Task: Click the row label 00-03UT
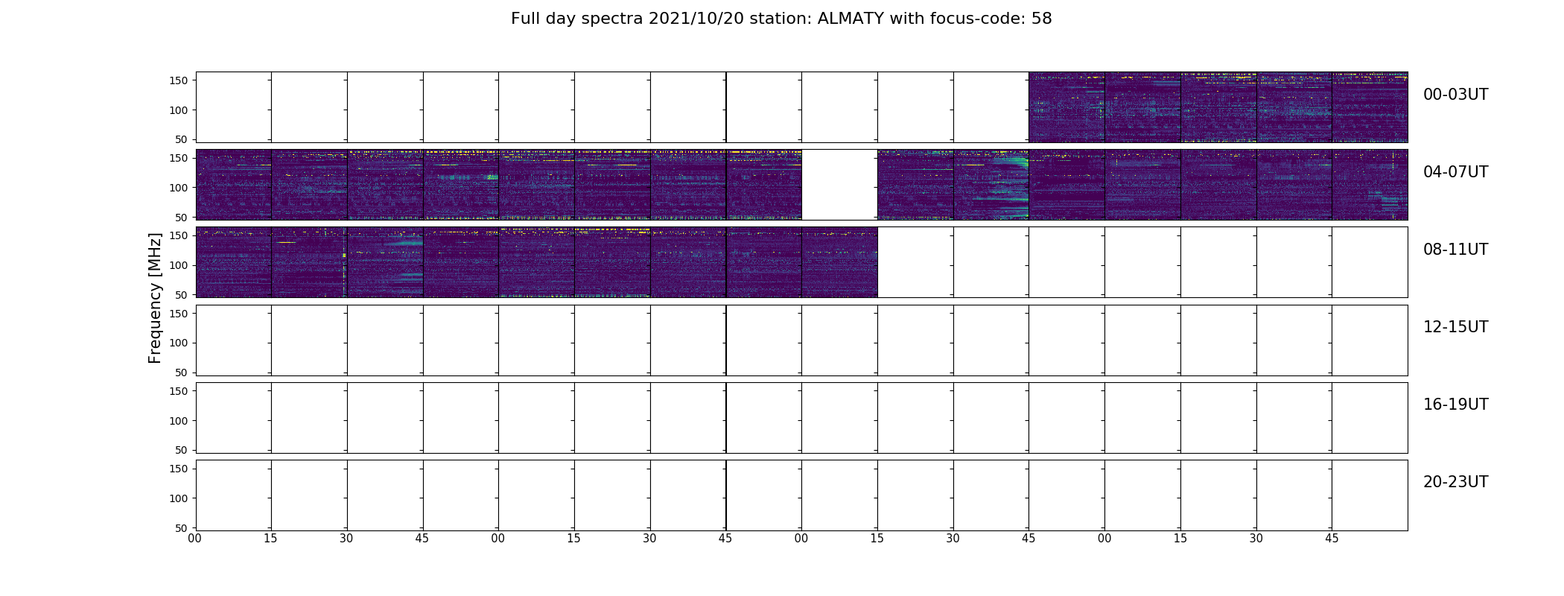(x=1455, y=95)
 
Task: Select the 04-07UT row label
(x=1455, y=172)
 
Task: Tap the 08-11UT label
(x=1455, y=250)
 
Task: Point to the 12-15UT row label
(x=1455, y=327)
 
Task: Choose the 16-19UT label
(x=1455, y=405)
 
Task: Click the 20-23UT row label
(x=1455, y=482)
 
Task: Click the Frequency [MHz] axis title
(x=155, y=298)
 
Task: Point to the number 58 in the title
(x=1042, y=19)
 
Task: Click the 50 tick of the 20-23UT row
(x=181, y=528)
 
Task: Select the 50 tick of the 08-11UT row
(x=181, y=295)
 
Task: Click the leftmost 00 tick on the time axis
(x=195, y=539)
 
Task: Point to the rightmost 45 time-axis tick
(x=1332, y=539)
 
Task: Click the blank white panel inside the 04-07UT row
(x=839, y=185)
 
